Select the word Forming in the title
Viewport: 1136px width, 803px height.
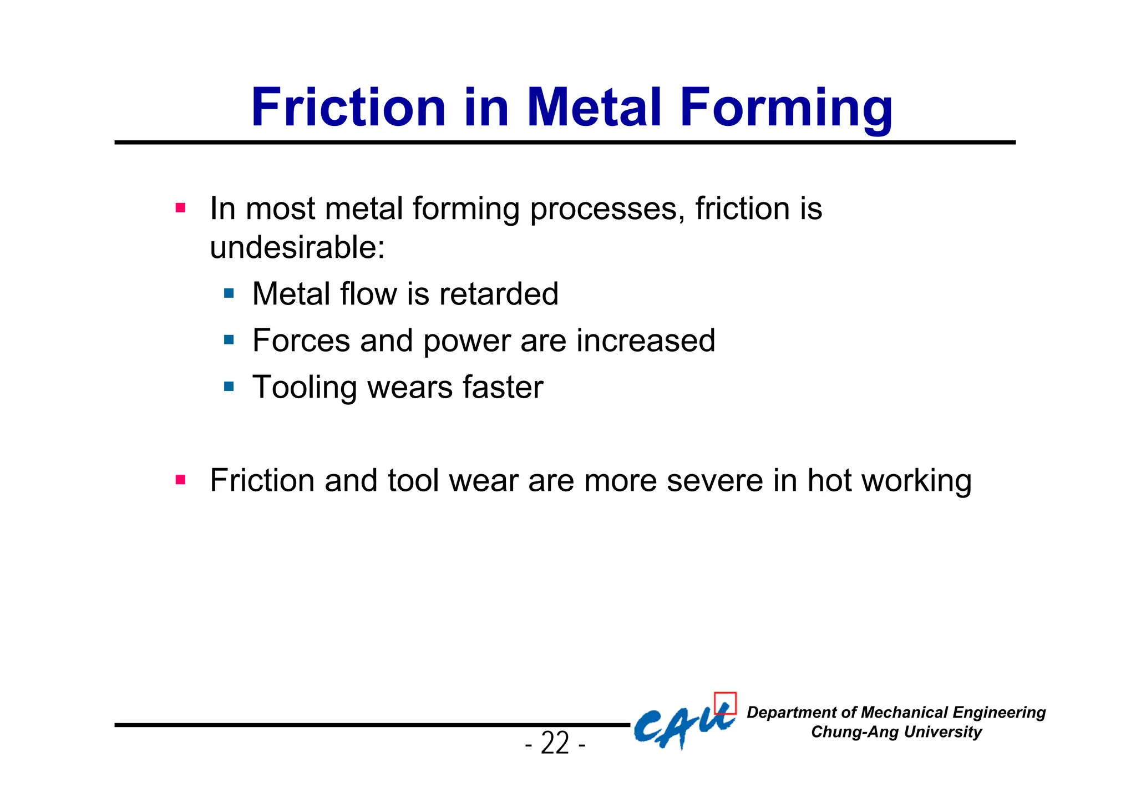coord(786,108)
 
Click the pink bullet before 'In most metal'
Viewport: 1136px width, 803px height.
coord(180,209)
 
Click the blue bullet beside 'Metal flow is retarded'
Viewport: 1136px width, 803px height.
coord(229,293)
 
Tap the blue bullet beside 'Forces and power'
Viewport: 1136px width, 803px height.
coord(229,339)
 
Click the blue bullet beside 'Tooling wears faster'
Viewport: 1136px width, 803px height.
coord(229,386)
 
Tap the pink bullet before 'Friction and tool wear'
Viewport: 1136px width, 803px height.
coord(180,480)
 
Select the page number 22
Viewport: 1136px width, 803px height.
coord(555,743)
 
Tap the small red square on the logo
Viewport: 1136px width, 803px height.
coord(725,703)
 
